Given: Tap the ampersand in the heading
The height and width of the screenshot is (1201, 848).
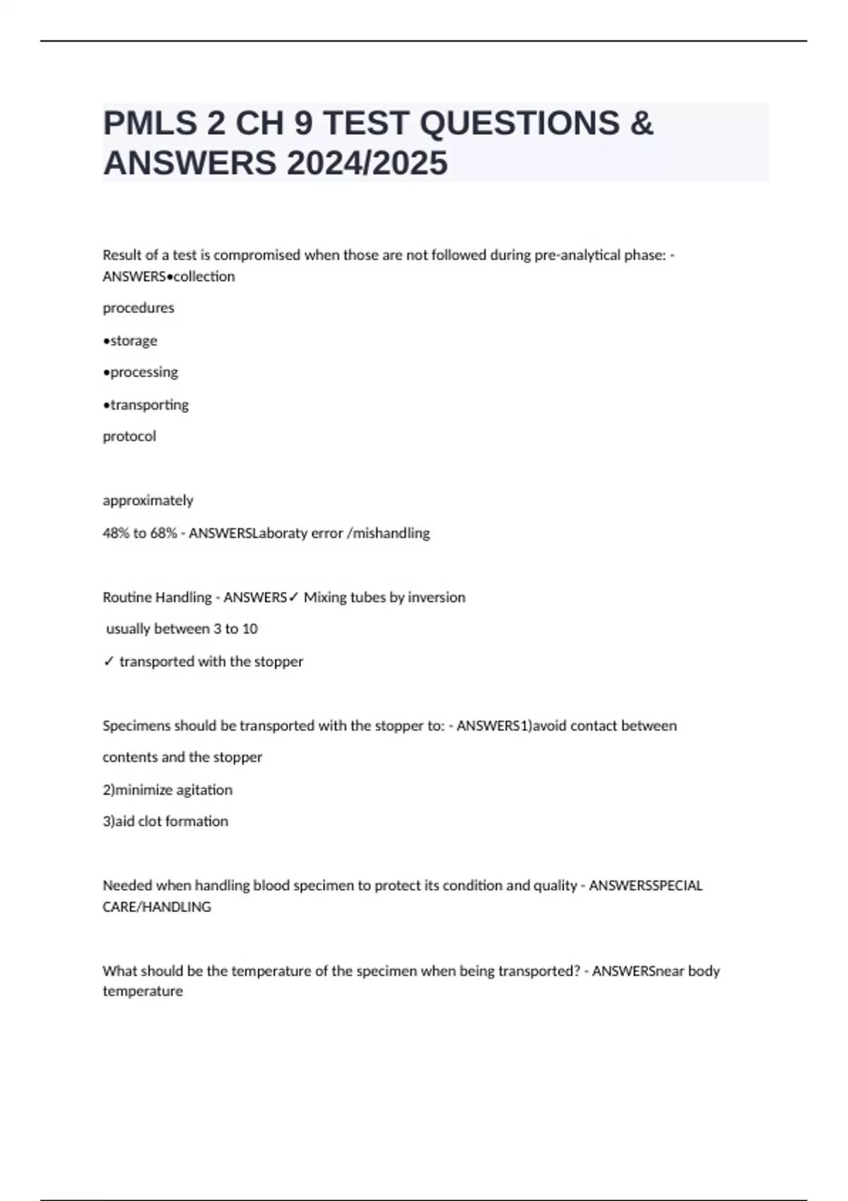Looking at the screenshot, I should (640, 124).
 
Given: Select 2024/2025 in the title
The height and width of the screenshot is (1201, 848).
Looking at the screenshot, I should (367, 163).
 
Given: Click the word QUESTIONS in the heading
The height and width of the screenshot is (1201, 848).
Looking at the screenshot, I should (519, 124).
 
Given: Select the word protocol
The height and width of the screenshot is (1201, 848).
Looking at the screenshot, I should (129, 436).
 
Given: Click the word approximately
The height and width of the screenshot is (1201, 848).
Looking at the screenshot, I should (148, 500).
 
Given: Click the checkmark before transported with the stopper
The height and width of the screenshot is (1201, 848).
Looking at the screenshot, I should (108, 661).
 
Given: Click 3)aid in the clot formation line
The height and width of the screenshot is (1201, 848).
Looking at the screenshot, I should (118, 821).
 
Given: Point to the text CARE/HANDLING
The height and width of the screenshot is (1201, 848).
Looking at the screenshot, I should (156, 906).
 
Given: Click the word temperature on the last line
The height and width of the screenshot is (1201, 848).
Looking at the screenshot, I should (142, 990).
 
